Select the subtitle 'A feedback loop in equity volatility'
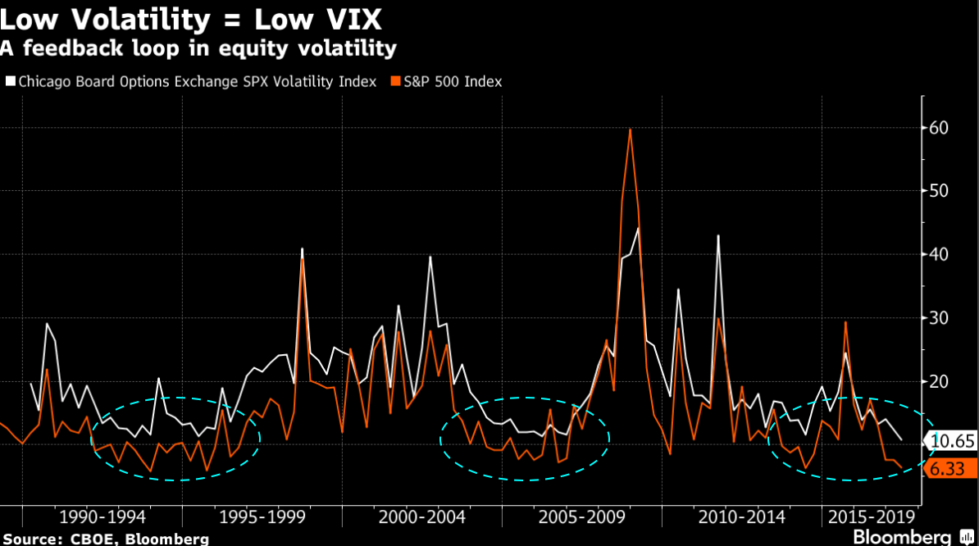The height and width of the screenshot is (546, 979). coord(198,49)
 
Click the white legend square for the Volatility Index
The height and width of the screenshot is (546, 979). coord(11,82)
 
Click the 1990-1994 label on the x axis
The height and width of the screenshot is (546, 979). coord(102,517)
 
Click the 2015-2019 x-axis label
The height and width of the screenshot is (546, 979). coord(872,517)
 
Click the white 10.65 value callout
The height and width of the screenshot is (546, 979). coord(953,441)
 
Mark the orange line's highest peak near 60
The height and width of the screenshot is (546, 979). coord(630,130)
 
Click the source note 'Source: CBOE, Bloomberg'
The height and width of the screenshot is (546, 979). coord(105,539)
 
